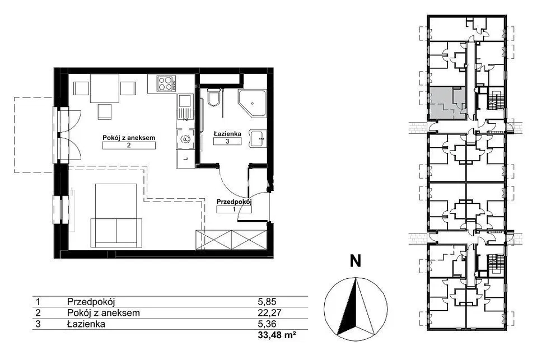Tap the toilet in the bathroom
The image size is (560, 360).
point(214,97)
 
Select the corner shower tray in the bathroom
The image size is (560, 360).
point(252,104)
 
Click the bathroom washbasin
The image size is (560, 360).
point(258,138)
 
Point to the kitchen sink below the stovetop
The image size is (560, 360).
point(185,106)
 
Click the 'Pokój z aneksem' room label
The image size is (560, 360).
point(129,138)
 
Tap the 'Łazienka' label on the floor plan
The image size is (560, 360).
point(227,134)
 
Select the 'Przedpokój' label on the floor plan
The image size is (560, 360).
point(234,202)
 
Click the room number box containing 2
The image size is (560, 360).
point(129,146)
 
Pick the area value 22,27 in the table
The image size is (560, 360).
point(270,313)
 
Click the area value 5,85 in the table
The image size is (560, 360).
point(267,302)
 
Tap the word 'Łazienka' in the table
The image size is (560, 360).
point(86,324)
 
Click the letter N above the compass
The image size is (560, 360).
point(355,261)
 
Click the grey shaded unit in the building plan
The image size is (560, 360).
point(447,103)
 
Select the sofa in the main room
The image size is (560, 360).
point(116,232)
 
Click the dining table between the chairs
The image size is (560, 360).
point(104,88)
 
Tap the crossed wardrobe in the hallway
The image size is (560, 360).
point(231,240)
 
